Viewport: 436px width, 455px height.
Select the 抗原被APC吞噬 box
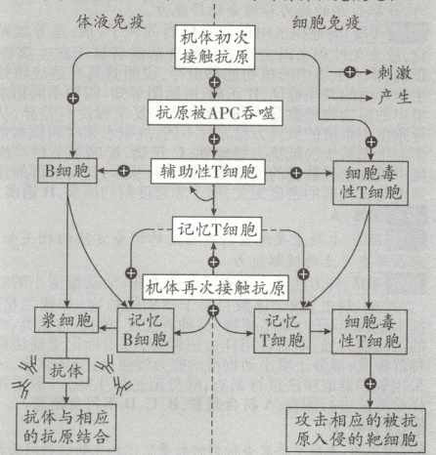(213, 112)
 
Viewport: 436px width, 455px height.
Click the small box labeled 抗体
(65, 371)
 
